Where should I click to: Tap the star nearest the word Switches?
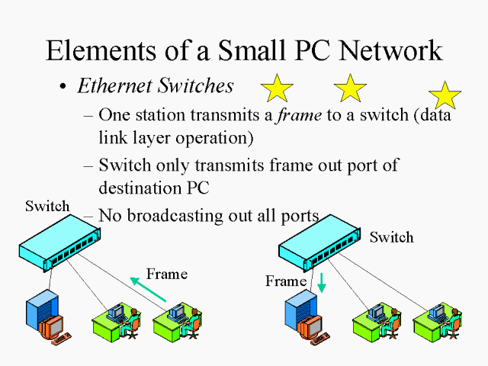coord(276,89)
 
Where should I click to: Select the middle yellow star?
coord(350,89)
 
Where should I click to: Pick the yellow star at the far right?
coord(445,95)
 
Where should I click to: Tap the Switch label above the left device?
coord(47,206)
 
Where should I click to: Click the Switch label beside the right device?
coord(391,237)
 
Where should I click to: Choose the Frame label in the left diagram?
coord(167,274)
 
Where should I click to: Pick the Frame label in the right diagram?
coord(285,281)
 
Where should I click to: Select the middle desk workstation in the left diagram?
coord(117,321)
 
